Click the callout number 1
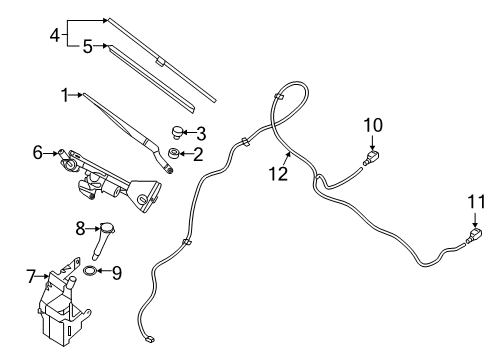tap(63, 95)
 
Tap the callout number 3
tap(200, 132)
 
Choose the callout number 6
tap(37, 153)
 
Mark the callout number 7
tap(31, 273)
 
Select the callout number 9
tap(117, 272)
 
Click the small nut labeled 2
tap(174, 153)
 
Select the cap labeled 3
tap(176, 130)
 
